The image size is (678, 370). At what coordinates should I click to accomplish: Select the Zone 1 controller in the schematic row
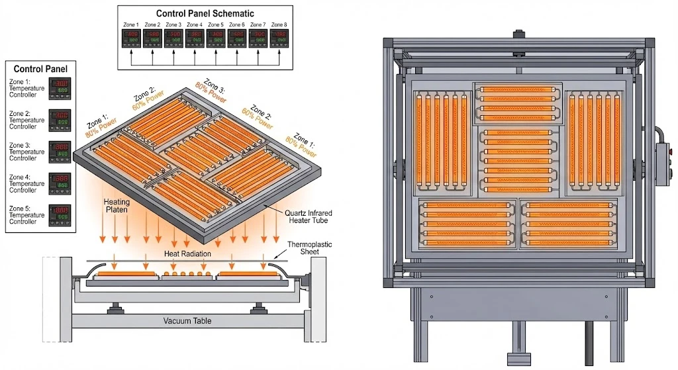[132, 38]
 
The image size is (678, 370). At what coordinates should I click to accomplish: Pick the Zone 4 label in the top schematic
[195, 25]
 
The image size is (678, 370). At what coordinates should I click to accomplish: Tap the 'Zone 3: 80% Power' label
[211, 91]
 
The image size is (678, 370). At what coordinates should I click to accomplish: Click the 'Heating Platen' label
[117, 205]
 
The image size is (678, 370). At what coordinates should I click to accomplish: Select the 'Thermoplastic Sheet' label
[309, 248]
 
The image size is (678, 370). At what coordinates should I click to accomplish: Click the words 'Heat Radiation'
[187, 254]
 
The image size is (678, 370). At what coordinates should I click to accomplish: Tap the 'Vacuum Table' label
[187, 321]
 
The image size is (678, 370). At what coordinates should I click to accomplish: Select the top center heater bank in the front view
[518, 103]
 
